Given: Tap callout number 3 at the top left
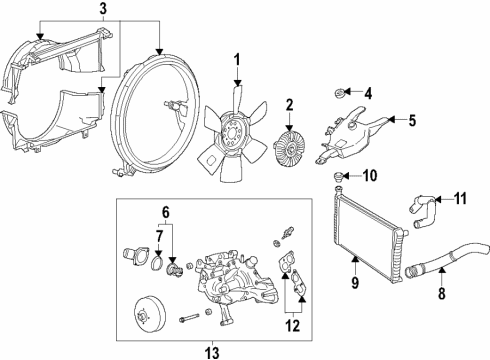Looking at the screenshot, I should (102, 9).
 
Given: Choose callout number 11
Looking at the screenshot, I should (461, 197).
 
